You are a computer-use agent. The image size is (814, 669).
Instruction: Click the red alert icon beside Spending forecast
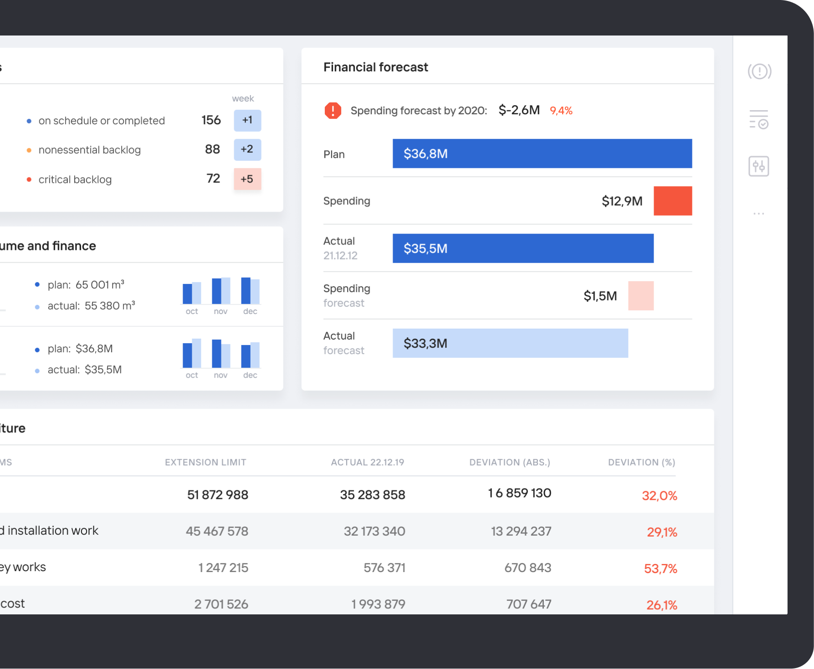[x=333, y=111]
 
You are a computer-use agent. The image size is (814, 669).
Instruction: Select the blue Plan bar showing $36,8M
[x=542, y=154]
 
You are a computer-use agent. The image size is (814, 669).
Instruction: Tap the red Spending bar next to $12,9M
[x=672, y=201]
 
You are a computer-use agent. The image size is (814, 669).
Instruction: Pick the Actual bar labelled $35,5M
[x=522, y=248]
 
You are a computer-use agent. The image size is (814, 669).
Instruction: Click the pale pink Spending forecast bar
[x=640, y=296]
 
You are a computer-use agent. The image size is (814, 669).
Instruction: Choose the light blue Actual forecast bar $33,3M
[x=510, y=343]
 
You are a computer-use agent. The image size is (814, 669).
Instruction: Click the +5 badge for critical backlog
[x=247, y=179]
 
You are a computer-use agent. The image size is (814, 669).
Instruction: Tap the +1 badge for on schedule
[x=247, y=120]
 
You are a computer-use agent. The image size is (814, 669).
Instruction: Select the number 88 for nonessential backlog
[x=212, y=149]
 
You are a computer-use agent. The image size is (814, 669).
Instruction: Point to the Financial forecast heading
[x=375, y=67]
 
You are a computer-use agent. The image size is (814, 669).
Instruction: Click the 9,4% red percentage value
[x=561, y=111]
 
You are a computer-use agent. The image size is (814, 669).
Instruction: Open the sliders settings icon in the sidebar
[x=758, y=166]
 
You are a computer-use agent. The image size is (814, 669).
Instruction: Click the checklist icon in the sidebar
[x=758, y=119]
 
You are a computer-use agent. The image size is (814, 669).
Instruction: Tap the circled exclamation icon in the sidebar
[x=759, y=71]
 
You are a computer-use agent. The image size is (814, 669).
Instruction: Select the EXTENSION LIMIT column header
[x=205, y=462]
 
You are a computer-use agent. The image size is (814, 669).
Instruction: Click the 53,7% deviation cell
[x=660, y=568]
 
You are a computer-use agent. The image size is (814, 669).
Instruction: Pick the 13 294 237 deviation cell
[x=521, y=531]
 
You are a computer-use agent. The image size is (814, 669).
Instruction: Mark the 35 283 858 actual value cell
[x=372, y=495]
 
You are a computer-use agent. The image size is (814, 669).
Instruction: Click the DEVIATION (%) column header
[x=641, y=462]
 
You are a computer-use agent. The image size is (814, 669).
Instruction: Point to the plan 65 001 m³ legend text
[x=86, y=285]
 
